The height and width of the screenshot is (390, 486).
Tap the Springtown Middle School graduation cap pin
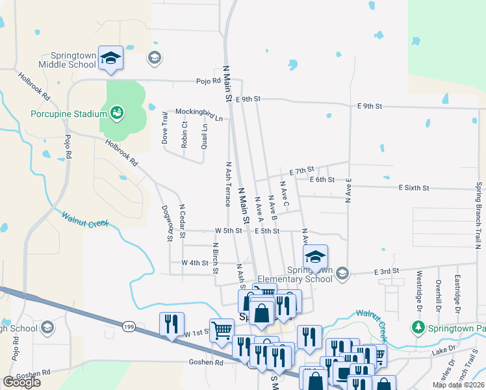coord(111,58)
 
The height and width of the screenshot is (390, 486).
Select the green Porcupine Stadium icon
coord(117,114)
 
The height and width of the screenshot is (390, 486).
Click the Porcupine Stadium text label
coord(68,114)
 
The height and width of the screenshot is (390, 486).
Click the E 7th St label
coord(301,170)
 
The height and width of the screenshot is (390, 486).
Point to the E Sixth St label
coord(414,188)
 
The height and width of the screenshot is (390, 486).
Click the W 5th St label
coord(228,231)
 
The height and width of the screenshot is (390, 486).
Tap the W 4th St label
coord(195,263)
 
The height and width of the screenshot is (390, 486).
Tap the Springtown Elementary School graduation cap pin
coord(316,257)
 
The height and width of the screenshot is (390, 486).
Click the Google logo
coord(22,382)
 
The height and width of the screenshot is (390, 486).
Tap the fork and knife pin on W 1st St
coord(172,324)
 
